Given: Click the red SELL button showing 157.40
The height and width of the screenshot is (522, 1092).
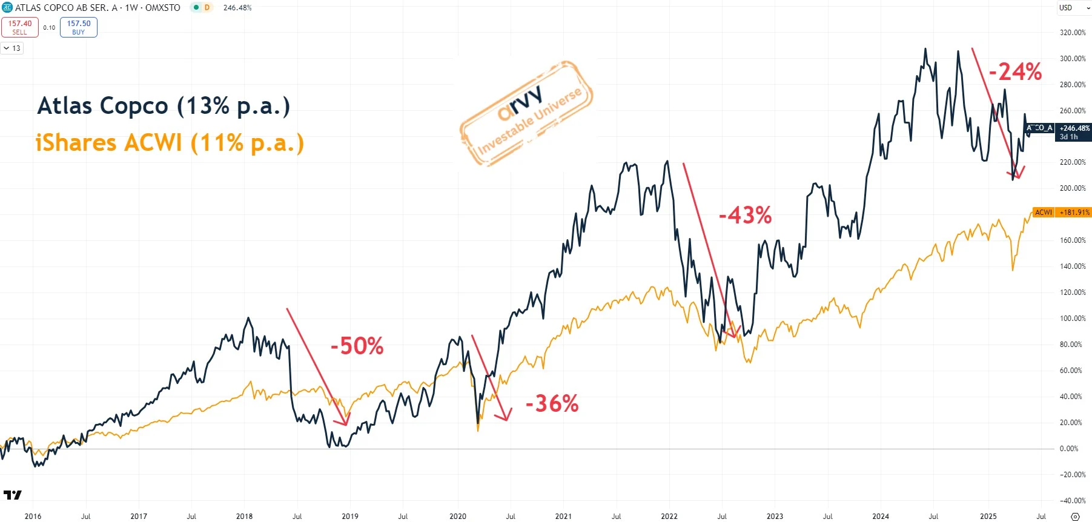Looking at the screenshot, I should (x=20, y=27).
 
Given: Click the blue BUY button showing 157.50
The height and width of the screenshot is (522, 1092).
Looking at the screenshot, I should (x=79, y=27).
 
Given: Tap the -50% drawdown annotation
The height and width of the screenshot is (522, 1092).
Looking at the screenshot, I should (x=357, y=346).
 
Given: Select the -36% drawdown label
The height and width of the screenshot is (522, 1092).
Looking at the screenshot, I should (x=552, y=404).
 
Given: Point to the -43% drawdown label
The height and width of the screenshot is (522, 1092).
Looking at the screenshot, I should (x=745, y=216).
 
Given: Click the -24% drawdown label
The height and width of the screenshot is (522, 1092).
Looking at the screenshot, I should (x=1015, y=72).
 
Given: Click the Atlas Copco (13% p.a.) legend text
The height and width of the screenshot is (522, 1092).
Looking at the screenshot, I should (x=164, y=106).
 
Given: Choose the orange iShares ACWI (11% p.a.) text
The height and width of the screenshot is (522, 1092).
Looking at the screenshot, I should (x=170, y=144).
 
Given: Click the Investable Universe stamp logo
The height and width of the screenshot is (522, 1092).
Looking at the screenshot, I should (x=526, y=113).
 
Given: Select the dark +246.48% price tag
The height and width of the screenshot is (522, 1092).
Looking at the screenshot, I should (x=1074, y=132).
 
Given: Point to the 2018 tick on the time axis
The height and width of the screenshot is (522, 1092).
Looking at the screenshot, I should (x=244, y=517).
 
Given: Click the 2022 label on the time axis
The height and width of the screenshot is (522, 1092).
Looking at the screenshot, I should (x=669, y=517).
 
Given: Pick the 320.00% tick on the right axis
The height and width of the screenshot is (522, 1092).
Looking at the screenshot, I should (x=1073, y=33).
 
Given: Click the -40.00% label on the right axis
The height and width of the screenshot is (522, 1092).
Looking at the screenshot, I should (x=1073, y=501).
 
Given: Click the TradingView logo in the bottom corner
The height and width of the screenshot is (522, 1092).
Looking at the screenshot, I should (x=12, y=495).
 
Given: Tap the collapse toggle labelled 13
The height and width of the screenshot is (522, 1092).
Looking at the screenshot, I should (x=12, y=48).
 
